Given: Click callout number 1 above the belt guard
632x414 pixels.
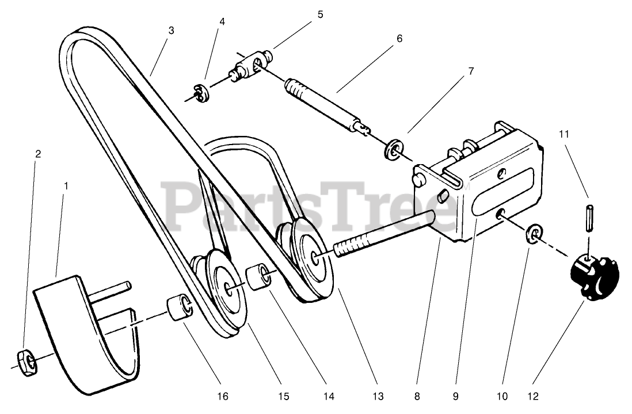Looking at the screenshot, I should [66, 187].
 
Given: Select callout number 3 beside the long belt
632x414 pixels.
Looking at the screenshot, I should [170, 31].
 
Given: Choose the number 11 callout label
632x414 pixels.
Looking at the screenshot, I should [564, 134].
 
